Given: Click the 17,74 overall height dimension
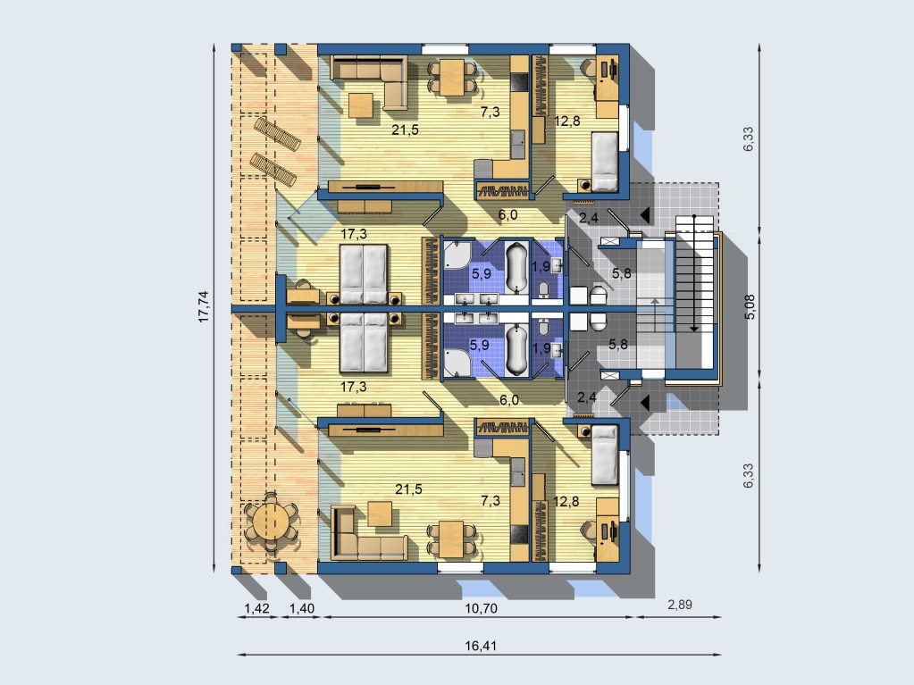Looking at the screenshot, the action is click(x=204, y=306).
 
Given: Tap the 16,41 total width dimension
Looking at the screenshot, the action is click(x=481, y=646).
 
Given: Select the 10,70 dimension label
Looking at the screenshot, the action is click(x=481, y=609).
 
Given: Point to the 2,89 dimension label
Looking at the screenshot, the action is click(x=680, y=605).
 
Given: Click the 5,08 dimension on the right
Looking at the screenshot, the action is click(x=750, y=306).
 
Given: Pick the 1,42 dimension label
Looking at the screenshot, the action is click(x=256, y=609).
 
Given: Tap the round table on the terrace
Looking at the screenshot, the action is click(x=271, y=521).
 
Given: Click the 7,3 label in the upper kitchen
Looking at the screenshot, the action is click(x=490, y=112).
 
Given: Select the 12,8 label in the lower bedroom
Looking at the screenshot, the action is click(x=566, y=501).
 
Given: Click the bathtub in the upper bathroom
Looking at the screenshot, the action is click(x=516, y=268).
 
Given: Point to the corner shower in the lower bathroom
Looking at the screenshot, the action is click(x=457, y=362).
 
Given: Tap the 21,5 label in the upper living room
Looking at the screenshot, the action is click(x=405, y=129).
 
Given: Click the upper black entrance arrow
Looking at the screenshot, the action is click(x=645, y=215).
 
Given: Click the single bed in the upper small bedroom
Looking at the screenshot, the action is click(x=605, y=162).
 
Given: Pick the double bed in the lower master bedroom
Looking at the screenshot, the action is click(x=365, y=343).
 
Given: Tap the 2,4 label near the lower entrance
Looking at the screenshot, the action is click(x=586, y=397).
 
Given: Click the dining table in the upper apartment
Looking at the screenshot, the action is click(x=452, y=77).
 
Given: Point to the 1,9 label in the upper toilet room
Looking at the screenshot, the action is click(x=541, y=267).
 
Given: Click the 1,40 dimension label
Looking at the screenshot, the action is click(x=302, y=609).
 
